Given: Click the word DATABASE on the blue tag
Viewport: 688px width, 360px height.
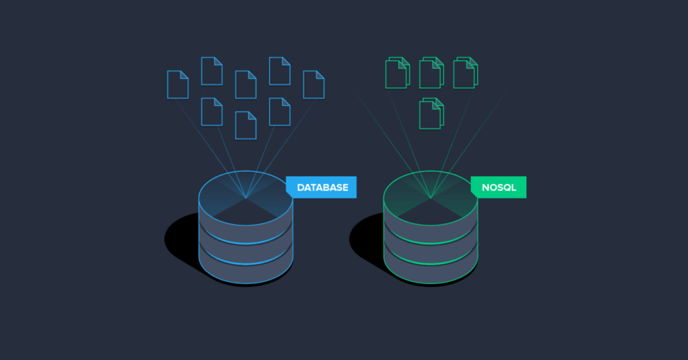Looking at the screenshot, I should point(322,187).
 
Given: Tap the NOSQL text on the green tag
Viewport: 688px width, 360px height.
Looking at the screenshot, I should point(499,187).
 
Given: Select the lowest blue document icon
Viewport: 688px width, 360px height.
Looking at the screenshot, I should point(246,125).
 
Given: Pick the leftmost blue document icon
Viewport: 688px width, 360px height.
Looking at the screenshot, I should point(178,84).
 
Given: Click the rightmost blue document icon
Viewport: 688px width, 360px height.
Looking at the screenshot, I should point(314,84).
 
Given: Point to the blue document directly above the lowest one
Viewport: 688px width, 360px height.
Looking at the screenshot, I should point(246,84).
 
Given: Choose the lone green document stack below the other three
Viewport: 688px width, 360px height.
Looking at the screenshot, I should point(431,113).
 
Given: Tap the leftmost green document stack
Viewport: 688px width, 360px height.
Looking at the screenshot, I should point(397,72).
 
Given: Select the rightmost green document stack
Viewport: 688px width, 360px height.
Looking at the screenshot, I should point(465,72).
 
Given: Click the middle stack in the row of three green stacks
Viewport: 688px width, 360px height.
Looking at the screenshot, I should point(431,72).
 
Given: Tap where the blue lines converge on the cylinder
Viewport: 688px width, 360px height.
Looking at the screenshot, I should point(246,197).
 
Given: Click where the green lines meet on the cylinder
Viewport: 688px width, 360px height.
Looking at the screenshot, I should point(431,197).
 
